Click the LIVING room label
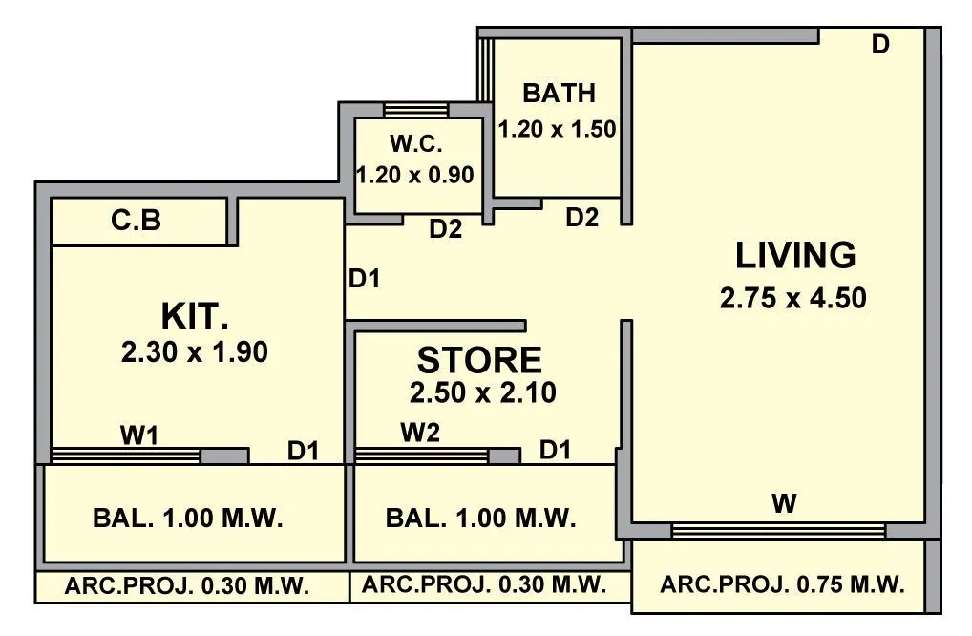pyautogui.click(x=795, y=256)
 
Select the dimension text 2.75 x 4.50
pyautogui.click(x=793, y=298)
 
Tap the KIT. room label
pyautogui.click(x=194, y=315)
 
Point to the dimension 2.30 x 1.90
pyautogui.click(x=195, y=352)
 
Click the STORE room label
pyautogui.click(x=479, y=360)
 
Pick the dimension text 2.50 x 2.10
pyautogui.click(x=482, y=392)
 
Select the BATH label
pyautogui.click(x=559, y=94)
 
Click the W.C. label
pyautogui.click(x=415, y=145)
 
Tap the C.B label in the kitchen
pyautogui.click(x=136, y=221)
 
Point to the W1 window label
pyautogui.click(x=138, y=435)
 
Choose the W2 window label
pyautogui.click(x=420, y=434)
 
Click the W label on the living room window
pyautogui.click(x=784, y=504)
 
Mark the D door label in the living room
pyautogui.click(x=880, y=44)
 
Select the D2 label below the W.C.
pyautogui.click(x=445, y=229)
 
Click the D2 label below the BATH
pyautogui.click(x=581, y=218)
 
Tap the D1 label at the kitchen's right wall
pyautogui.click(x=364, y=279)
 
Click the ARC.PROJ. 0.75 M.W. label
pyautogui.click(x=781, y=584)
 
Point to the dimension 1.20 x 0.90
pyautogui.click(x=415, y=176)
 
